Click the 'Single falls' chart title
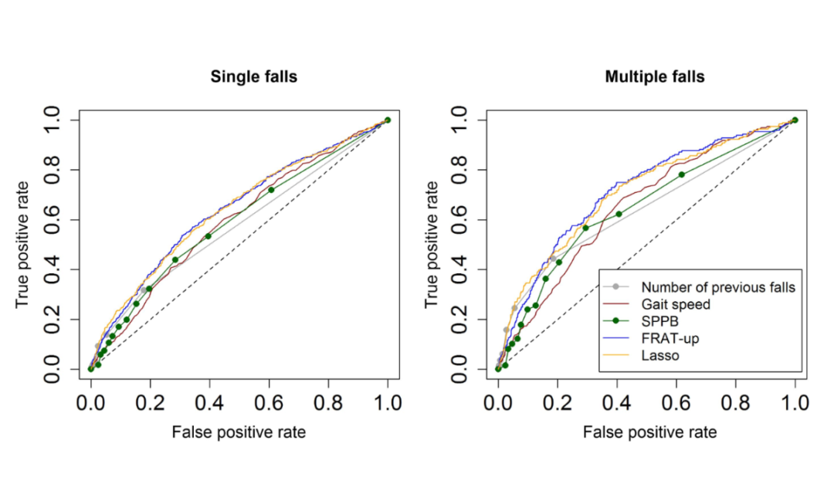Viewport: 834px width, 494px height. pyautogui.click(x=243, y=77)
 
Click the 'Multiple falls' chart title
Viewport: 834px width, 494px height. pyautogui.click(x=654, y=77)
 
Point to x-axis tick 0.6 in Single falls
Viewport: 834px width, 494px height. pyautogui.click(x=269, y=401)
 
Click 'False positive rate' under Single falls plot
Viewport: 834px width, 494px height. pyautogui.click(x=239, y=432)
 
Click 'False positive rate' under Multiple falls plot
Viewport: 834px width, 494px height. pyautogui.click(x=649, y=432)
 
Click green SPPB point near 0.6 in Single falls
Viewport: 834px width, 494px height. pyautogui.click(x=271, y=190)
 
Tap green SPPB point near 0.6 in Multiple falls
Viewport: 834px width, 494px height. pyautogui.click(x=681, y=174)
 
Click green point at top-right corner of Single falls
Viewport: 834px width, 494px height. pyautogui.click(x=388, y=120)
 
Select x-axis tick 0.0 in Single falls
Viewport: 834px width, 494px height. pyautogui.click(x=91, y=401)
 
